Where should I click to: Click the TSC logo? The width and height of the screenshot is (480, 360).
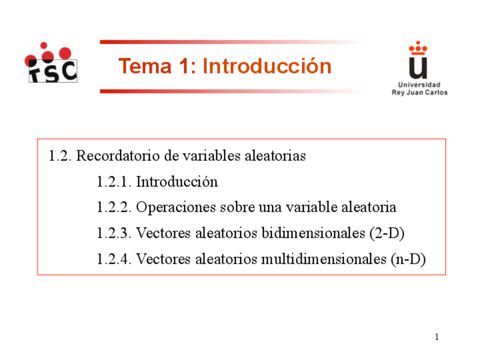(x=51, y=62)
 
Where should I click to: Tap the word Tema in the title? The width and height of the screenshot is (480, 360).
(x=145, y=66)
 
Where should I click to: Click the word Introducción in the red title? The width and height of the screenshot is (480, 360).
(x=267, y=66)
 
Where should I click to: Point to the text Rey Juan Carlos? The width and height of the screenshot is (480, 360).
(x=419, y=92)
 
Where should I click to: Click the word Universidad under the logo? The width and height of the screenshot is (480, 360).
(x=419, y=85)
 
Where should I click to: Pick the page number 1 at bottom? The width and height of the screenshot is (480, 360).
(x=437, y=337)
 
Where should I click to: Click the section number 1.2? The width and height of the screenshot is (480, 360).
(x=60, y=156)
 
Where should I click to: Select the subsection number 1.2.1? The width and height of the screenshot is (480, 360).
(x=114, y=182)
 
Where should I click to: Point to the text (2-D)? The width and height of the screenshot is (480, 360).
(x=387, y=234)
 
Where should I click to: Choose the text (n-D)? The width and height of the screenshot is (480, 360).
(x=408, y=260)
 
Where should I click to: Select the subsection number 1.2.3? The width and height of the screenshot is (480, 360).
(x=114, y=233)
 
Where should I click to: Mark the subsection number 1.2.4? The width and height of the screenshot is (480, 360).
(x=114, y=259)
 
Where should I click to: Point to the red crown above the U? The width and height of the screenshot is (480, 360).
(x=418, y=48)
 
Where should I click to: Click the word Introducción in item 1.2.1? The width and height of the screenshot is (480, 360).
(x=177, y=182)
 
